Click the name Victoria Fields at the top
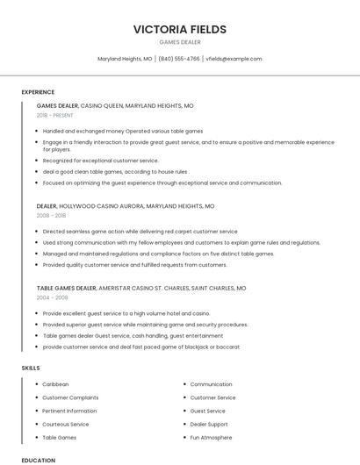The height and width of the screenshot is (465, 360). coord(179,29)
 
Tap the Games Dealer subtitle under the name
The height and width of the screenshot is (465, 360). coord(179,42)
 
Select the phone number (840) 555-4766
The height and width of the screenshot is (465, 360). coord(179,59)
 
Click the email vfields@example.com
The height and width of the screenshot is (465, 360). coord(234,59)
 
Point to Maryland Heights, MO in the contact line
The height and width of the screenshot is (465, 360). coord(125,59)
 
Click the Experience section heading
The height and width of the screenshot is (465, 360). coord(38,92)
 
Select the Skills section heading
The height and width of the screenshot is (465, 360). coord(31,368)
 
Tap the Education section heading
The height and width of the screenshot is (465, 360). coord(38,460)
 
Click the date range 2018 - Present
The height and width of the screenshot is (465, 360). coord(55,115)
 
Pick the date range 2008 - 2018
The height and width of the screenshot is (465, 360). coord(51,215)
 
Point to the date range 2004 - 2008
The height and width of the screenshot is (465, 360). coord(52,297)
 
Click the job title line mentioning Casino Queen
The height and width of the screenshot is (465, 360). coord(115,105)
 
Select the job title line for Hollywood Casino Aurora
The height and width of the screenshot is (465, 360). coord(126,206)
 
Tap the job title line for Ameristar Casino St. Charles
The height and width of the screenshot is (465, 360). coord(141,288)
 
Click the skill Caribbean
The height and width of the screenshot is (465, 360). coord(55,384)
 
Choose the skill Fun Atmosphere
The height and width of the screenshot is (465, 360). coord(212,437)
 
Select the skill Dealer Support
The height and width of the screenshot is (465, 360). coord(210,424)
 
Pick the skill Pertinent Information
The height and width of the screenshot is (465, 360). coord(69,411)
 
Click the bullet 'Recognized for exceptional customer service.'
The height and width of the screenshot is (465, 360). coord(101,161)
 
